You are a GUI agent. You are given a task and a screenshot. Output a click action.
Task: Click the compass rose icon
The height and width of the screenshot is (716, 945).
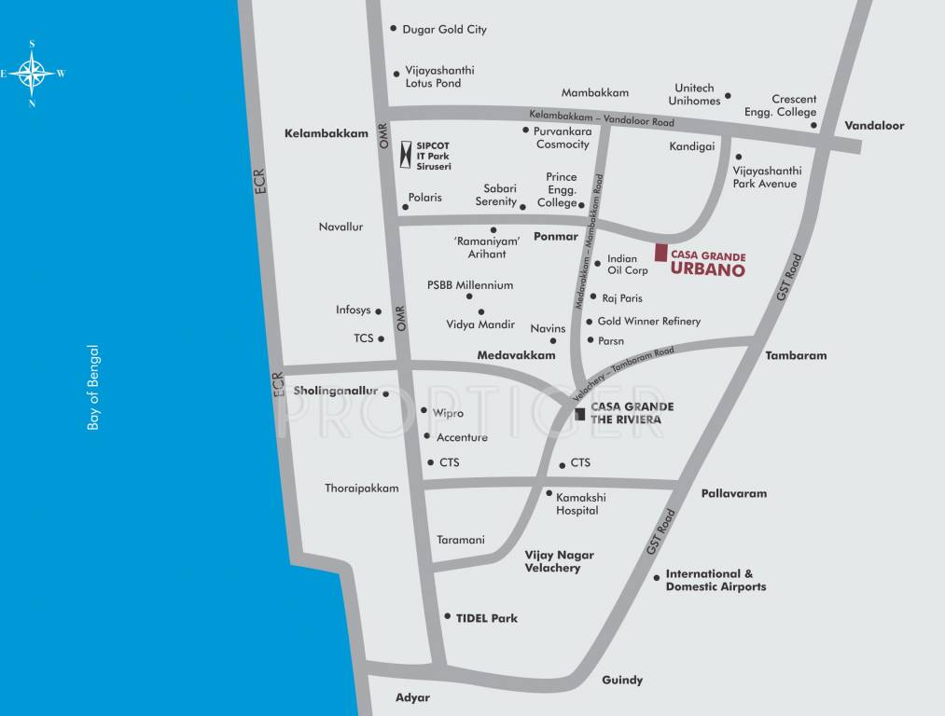[x=32, y=73]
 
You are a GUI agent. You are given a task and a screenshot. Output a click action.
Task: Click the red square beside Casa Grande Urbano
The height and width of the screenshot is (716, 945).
[x=660, y=253]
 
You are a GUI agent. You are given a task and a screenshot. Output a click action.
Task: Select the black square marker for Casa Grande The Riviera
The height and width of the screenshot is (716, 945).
[x=580, y=413]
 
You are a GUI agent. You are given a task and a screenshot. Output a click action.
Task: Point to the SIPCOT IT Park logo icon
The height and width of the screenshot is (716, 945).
[x=405, y=154]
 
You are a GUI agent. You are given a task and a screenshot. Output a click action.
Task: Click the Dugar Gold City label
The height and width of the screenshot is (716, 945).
[x=444, y=30]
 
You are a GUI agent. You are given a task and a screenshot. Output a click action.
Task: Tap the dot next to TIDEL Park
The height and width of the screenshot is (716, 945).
[x=448, y=616]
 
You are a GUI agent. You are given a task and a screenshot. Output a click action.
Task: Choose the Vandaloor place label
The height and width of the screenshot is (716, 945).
[x=874, y=125]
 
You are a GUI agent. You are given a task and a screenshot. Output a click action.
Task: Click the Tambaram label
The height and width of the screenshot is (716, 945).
[x=796, y=355]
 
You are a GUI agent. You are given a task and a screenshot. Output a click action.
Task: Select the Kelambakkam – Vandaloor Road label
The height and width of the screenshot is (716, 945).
[x=602, y=119]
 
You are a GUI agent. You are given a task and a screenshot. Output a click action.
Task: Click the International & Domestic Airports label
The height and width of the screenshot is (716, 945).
[x=716, y=581]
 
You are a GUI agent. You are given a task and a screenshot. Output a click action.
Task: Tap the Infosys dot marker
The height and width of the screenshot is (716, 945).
[x=381, y=311]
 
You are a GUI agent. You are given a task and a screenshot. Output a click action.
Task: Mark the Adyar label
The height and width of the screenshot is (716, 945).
[x=412, y=697]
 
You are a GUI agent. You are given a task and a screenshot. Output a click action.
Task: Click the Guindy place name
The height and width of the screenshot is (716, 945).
[x=622, y=680]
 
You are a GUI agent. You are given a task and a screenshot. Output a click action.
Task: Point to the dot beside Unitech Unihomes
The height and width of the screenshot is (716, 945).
[x=728, y=95]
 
